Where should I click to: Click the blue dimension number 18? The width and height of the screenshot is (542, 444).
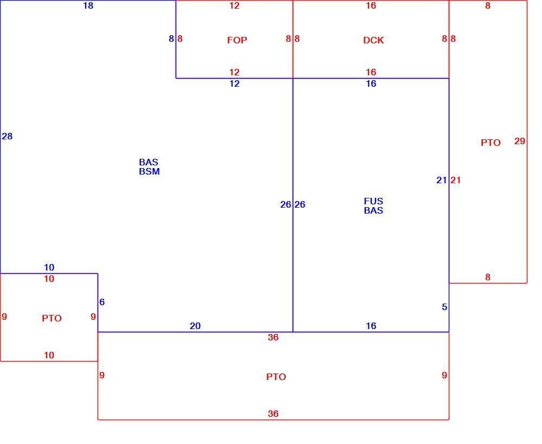tap(88, 5)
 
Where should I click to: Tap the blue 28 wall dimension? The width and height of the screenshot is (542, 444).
tap(7, 136)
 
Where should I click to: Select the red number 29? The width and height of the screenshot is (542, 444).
tap(520, 141)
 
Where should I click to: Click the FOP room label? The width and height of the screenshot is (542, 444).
tap(237, 40)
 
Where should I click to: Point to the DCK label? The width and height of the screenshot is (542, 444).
tap(373, 40)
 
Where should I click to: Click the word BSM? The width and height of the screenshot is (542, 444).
tap(150, 171)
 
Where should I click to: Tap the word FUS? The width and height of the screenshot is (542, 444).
tap(373, 201)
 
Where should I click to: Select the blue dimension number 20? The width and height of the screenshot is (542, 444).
tap(195, 326)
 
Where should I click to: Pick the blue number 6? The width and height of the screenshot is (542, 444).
tap(102, 302)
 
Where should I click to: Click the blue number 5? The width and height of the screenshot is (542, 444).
tap(444, 307)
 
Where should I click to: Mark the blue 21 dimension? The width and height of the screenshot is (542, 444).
tap(441, 180)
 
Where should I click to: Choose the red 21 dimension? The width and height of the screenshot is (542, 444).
tap(456, 180)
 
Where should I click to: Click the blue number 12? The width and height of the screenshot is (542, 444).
tap(234, 83)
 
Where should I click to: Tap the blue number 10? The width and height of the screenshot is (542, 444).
tap(49, 267)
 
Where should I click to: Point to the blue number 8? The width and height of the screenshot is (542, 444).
tap(171, 38)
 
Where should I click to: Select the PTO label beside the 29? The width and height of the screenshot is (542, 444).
tap(491, 143)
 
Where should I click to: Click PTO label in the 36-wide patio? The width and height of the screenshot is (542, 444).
tap(276, 377)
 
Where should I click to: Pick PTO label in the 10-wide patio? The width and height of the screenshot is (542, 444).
tap(52, 318)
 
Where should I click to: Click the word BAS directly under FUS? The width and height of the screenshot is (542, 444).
tap(373, 210)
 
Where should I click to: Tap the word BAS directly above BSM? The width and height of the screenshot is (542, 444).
tap(149, 162)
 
